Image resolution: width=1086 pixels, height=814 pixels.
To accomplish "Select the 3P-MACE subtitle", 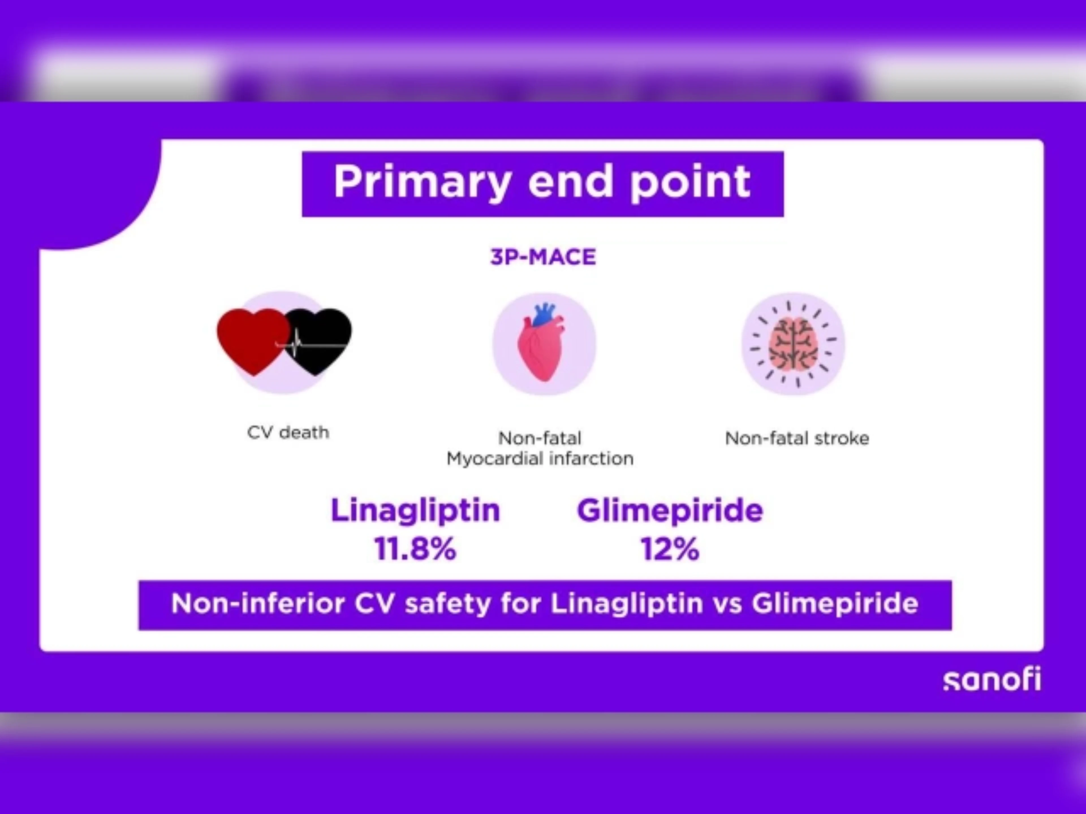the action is [543, 257].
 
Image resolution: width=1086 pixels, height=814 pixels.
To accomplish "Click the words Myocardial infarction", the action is [540, 459].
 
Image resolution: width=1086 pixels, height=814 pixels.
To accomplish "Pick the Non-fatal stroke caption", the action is [797, 438].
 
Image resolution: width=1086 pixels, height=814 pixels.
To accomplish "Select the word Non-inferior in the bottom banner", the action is [257, 603].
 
